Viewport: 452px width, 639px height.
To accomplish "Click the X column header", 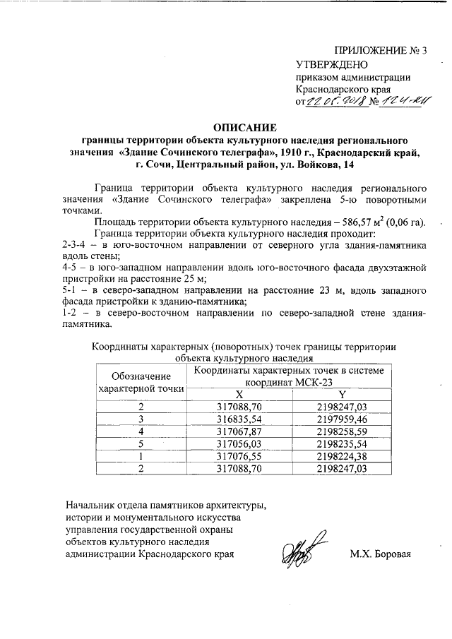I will pyautogui.click(x=239, y=394).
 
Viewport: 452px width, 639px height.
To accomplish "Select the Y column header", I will pyautogui.click(x=343, y=394).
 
